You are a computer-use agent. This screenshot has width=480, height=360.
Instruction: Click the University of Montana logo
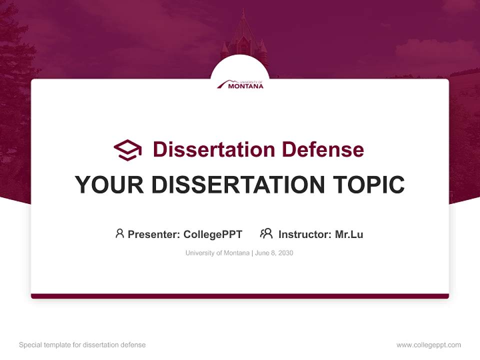(240, 84)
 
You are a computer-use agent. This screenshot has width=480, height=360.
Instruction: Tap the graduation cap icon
(127, 149)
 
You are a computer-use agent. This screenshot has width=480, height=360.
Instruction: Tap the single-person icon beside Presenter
(119, 233)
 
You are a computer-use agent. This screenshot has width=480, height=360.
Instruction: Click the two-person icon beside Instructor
(266, 233)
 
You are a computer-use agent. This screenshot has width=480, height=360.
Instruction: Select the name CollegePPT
(212, 234)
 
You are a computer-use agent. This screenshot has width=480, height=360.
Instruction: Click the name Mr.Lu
(349, 234)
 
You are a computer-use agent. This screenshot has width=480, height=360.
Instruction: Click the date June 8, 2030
(274, 253)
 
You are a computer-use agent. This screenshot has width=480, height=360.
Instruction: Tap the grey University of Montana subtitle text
(217, 253)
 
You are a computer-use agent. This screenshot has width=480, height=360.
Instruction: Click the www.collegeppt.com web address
(428, 345)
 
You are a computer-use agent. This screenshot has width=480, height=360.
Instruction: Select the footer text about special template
(82, 345)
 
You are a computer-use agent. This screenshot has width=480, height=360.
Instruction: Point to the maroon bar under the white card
(240, 296)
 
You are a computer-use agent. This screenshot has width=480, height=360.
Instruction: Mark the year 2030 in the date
(286, 253)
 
